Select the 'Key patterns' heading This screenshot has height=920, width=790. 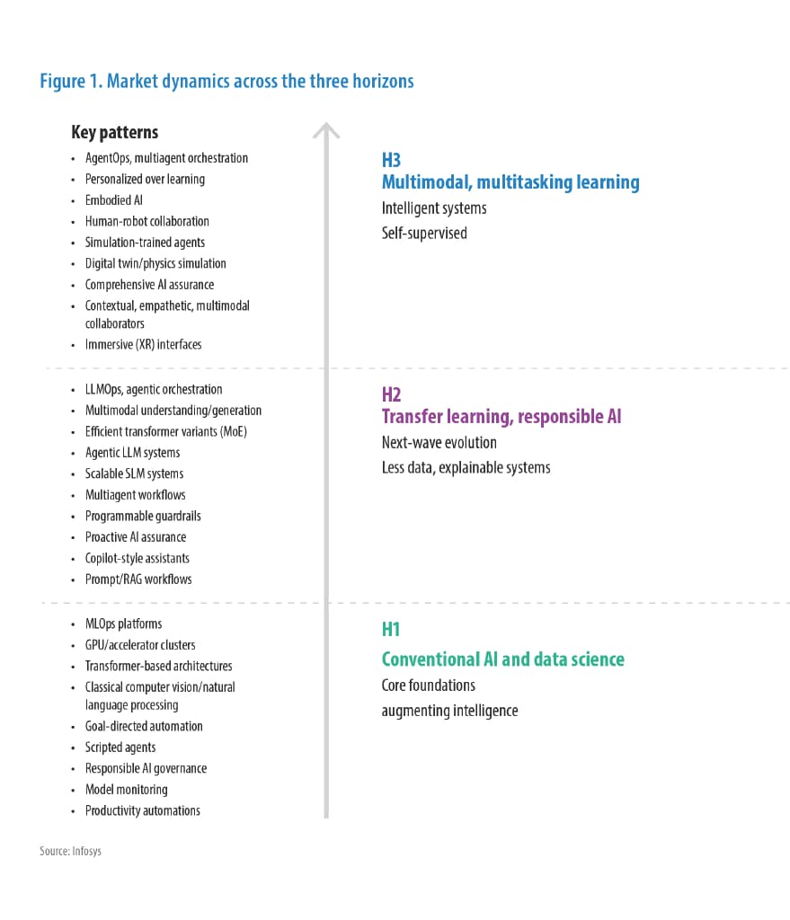(114, 132)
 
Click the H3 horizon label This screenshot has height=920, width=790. (391, 160)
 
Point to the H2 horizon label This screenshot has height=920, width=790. (391, 394)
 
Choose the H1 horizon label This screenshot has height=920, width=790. (391, 629)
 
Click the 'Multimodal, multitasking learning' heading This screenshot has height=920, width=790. (510, 182)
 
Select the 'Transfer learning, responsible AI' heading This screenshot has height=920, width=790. (501, 417)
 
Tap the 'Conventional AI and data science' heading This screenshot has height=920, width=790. (502, 659)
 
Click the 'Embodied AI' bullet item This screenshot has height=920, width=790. (113, 200)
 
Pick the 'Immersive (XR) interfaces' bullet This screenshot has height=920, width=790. (143, 344)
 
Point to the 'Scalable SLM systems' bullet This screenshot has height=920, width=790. (134, 473)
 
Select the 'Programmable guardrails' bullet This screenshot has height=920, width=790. (143, 516)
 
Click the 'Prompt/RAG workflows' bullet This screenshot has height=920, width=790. (138, 579)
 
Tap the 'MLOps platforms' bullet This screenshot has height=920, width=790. (123, 624)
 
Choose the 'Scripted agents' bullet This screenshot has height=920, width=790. (120, 747)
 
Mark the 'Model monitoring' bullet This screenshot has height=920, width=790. (126, 790)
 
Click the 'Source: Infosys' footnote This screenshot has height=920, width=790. (70, 851)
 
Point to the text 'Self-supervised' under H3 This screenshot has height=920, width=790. (423, 234)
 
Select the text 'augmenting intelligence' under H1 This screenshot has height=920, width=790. (449, 711)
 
